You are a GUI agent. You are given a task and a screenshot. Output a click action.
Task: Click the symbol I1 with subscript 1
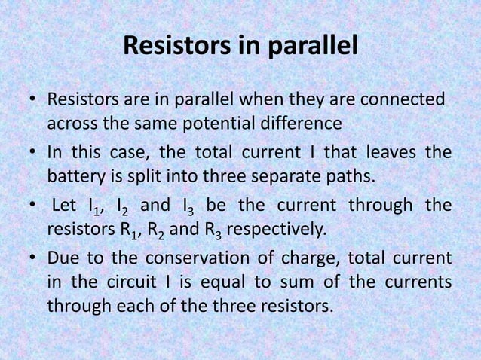[96, 206]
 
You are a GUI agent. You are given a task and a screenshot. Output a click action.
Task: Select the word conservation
[191, 258]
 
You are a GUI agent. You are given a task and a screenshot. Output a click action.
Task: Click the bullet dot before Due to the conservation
[33, 258]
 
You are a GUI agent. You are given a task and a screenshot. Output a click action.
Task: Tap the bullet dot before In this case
[33, 153]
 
